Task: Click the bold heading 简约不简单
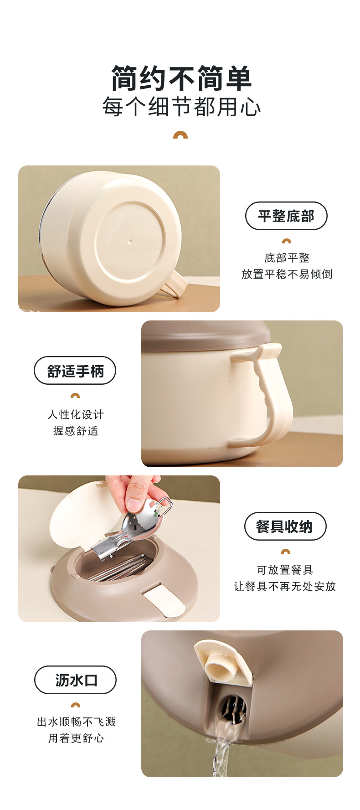pyautogui.click(x=181, y=78)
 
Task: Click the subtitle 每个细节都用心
pyautogui.click(x=181, y=108)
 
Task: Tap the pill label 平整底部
pyautogui.click(x=286, y=216)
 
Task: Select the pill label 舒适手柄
pyautogui.click(x=75, y=371)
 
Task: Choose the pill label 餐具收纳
pyautogui.click(x=285, y=526)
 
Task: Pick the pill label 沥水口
pyautogui.click(x=76, y=680)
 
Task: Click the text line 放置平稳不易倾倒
pyautogui.click(x=287, y=274)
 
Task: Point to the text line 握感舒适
pyautogui.click(x=76, y=431)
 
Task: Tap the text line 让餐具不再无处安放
pyautogui.click(x=285, y=586)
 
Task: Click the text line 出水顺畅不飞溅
pyautogui.click(x=76, y=722)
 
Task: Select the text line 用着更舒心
pyautogui.click(x=76, y=738)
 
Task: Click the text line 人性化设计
pyautogui.click(x=76, y=414)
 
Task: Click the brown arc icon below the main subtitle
pyautogui.click(x=180, y=135)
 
